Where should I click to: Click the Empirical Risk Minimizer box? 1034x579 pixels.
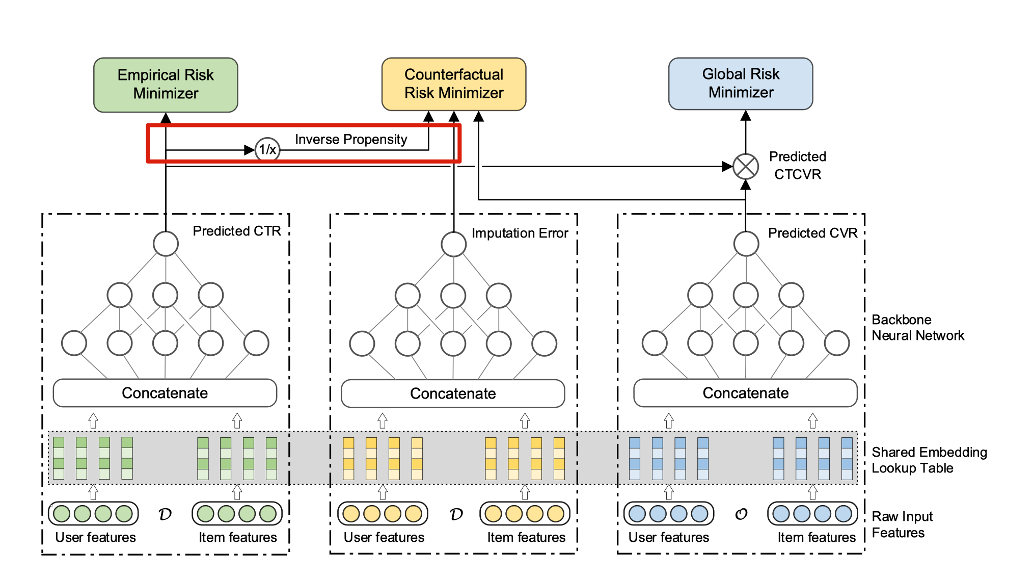point(166,85)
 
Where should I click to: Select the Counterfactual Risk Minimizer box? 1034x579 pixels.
point(453,84)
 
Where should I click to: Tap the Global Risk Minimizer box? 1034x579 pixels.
point(740,84)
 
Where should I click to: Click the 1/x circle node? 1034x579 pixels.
point(267,150)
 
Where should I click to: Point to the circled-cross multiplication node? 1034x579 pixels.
point(745,167)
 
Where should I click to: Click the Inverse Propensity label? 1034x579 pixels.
point(351,140)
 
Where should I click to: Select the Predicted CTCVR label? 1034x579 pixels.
point(797,166)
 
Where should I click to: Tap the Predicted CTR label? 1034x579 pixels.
point(236,231)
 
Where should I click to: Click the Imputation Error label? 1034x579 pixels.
point(520,233)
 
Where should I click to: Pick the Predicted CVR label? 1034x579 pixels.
point(812,233)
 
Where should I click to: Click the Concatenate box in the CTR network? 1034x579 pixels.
point(165,393)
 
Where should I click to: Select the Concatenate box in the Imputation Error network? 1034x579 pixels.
point(453,393)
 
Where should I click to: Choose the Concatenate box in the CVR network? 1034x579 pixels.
point(745,393)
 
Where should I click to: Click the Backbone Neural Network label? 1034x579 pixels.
point(917,328)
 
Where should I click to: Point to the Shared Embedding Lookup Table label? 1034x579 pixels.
point(929,460)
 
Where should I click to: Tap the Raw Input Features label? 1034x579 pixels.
point(902,524)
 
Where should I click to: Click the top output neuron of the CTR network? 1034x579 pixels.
point(166,244)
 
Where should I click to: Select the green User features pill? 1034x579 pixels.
point(93,514)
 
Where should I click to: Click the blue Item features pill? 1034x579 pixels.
point(812,514)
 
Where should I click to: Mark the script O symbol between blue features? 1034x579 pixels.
point(741,514)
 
